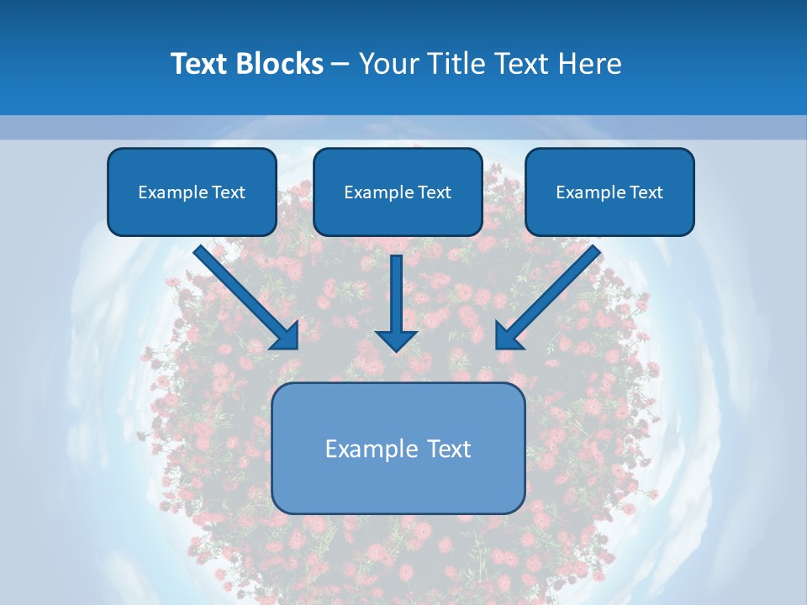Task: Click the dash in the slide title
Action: point(340,65)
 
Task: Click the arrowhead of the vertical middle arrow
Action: point(396,339)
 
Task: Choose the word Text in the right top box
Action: point(646,192)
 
